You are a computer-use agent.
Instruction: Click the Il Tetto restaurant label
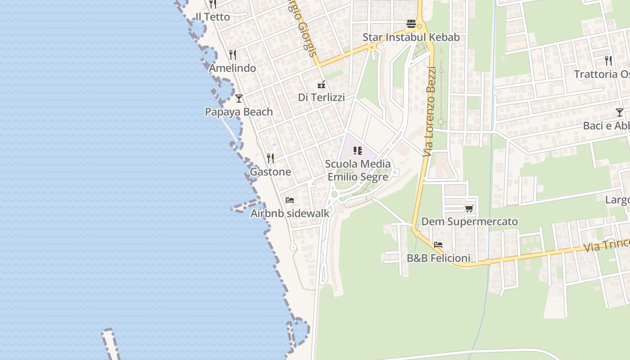click(212, 17)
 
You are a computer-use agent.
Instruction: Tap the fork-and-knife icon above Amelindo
click(233, 55)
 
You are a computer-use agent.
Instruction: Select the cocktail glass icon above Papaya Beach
click(239, 99)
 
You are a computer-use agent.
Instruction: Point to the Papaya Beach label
click(239, 112)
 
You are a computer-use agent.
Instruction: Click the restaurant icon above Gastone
click(270, 158)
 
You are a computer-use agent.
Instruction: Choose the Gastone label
click(270, 172)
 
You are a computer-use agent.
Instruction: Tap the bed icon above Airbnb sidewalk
click(290, 200)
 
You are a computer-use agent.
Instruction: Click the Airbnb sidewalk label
click(290, 213)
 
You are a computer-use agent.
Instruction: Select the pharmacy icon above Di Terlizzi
click(321, 84)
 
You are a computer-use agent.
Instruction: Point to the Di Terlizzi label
click(321, 97)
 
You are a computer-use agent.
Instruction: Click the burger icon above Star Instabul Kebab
click(411, 24)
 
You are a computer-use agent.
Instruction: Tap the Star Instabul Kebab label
click(411, 37)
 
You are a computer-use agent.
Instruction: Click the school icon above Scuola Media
click(358, 151)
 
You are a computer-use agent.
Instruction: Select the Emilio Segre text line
click(358, 177)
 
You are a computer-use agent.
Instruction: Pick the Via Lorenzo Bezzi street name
click(430, 112)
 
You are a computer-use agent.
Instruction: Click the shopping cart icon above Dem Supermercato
click(469, 208)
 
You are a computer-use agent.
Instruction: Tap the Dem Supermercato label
click(469, 222)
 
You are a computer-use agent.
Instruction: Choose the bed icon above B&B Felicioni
click(438, 245)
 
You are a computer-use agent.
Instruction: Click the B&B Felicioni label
click(438, 258)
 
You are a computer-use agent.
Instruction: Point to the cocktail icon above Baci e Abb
click(620, 112)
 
